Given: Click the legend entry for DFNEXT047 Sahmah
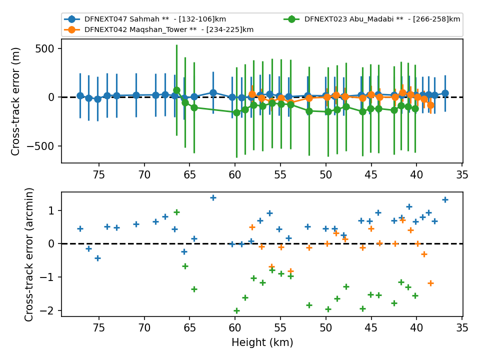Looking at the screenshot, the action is (145, 19).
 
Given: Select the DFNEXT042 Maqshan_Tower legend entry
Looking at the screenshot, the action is (159, 29).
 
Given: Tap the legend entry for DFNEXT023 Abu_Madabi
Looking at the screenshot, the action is (371, 19).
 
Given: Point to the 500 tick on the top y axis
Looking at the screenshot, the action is (44, 48).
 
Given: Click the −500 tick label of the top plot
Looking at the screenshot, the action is (40, 146).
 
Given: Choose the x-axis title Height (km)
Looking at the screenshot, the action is (262, 342).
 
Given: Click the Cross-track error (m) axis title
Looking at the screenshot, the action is (15, 101).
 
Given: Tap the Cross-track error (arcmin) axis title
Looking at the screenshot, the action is (29, 254).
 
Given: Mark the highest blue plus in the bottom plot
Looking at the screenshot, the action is (213, 198).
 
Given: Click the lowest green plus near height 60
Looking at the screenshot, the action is (236, 310).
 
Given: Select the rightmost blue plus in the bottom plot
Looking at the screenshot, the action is (445, 200).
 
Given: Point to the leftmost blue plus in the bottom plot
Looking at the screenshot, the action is (80, 228).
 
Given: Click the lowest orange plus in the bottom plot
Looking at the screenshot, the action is (430, 283).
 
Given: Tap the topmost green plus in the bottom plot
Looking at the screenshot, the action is (176, 212).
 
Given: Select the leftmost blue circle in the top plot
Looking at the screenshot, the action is (80, 96).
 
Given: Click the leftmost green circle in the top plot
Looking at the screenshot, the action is (176, 90).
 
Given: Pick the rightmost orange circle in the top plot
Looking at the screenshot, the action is (430, 105).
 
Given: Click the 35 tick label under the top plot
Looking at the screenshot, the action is (462, 175).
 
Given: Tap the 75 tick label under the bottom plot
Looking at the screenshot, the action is (99, 328).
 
